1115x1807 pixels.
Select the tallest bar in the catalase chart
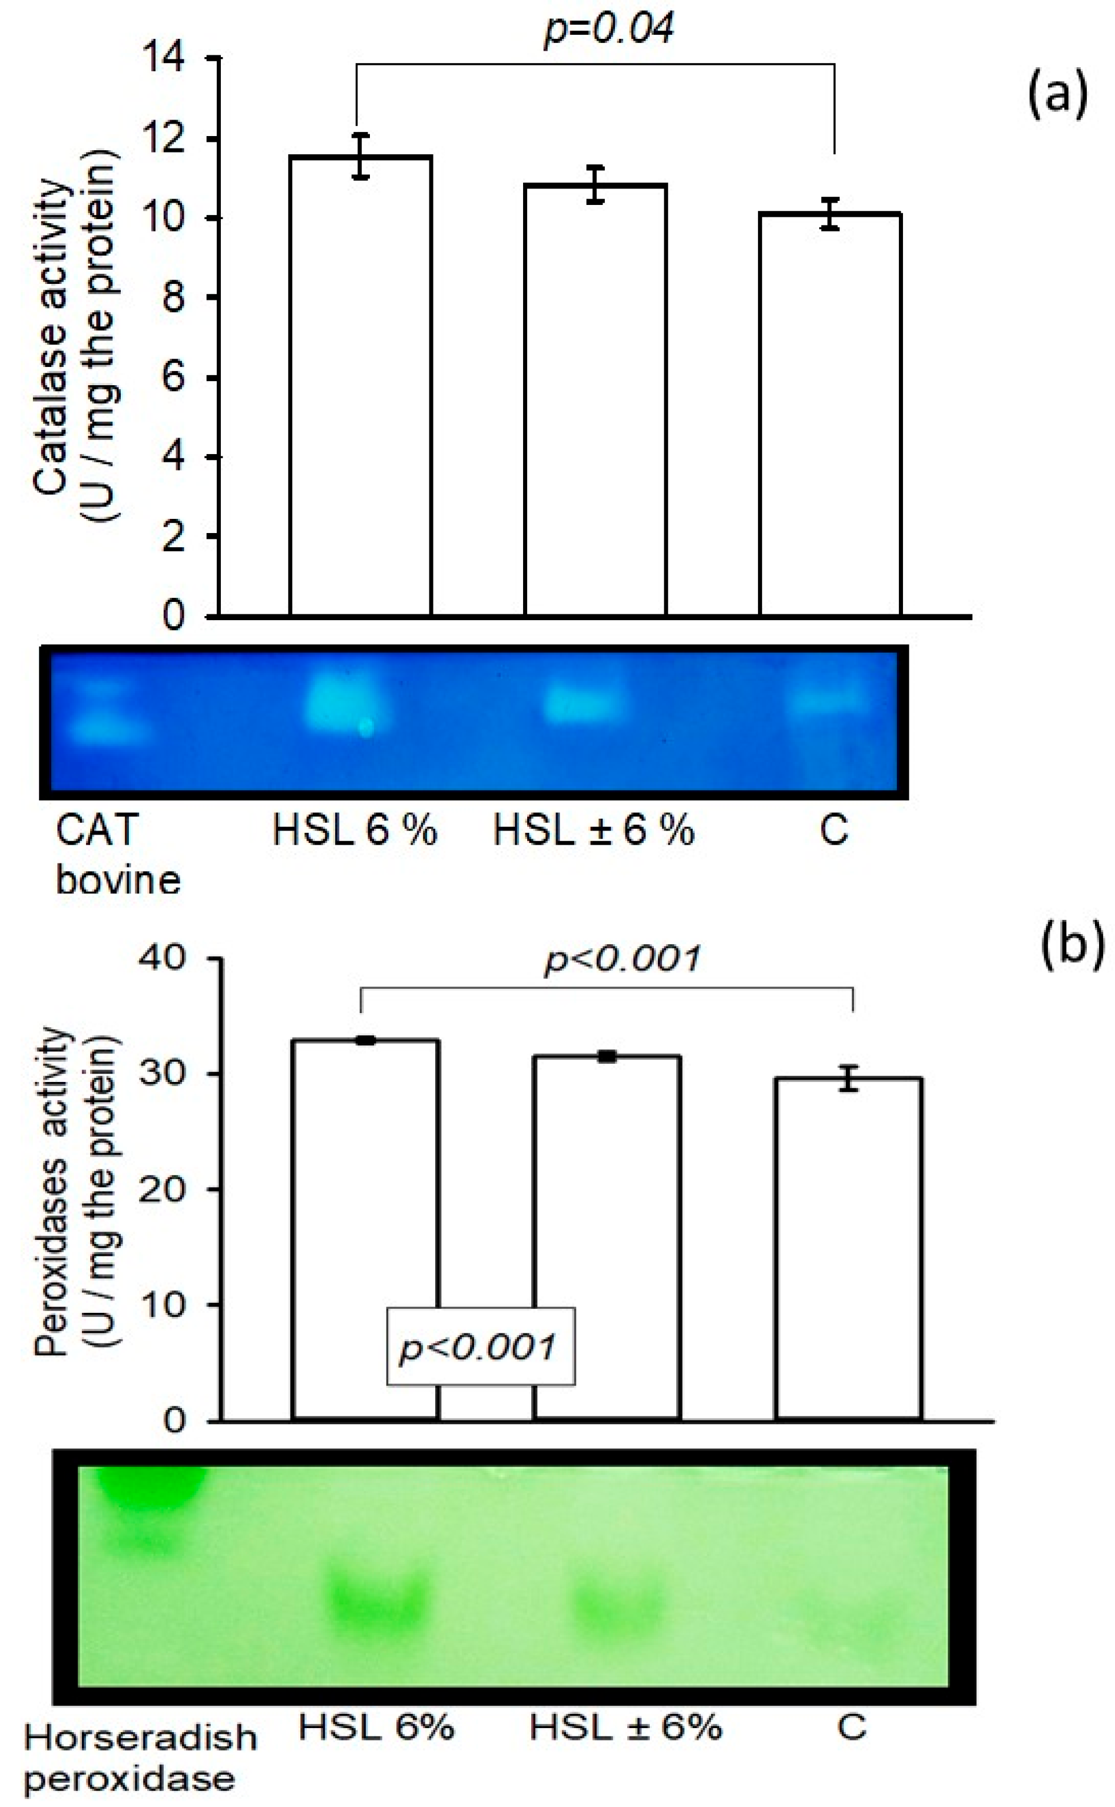(x=360, y=383)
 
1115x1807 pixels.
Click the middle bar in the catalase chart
(x=595, y=398)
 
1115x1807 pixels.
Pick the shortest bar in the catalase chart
(x=829, y=413)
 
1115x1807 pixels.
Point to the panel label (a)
(x=1057, y=95)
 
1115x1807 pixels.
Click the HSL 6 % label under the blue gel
(x=355, y=832)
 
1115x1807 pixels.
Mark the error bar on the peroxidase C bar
(x=849, y=1078)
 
